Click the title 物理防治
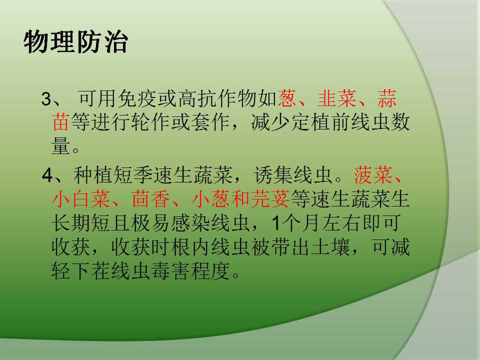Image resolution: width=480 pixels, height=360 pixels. pyautogui.click(x=75, y=41)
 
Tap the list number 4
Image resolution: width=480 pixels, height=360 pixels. pyautogui.click(x=47, y=175)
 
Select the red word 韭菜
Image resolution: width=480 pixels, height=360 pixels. pyautogui.click(x=337, y=98)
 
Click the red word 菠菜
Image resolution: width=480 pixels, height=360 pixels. pyautogui.click(x=373, y=175)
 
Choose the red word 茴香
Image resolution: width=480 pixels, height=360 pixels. pyautogui.click(x=150, y=199)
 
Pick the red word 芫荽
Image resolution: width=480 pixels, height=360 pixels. pyautogui.click(x=270, y=199)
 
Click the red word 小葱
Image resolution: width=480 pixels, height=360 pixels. pyautogui.click(x=211, y=199)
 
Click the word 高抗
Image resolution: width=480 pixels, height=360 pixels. pyautogui.click(x=197, y=98)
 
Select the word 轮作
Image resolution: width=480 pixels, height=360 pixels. pyautogui.click(x=151, y=122)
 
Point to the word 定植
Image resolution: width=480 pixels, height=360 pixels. pyautogui.click(x=310, y=122)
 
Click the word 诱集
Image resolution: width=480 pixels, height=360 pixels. pyautogui.click(x=273, y=175)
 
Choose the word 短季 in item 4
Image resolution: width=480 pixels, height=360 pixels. pyautogui.click(x=132, y=175)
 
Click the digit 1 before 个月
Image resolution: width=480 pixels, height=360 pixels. pyautogui.click(x=276, y=223)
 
